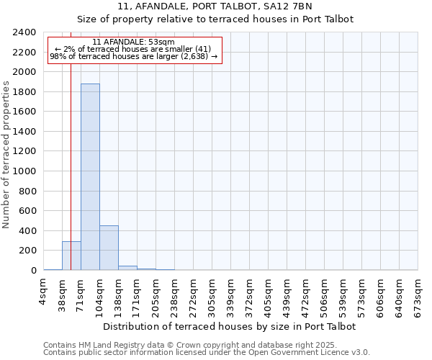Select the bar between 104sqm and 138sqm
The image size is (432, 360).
[x=109, y=248]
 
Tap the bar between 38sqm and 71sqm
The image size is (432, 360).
[x=71, y=256]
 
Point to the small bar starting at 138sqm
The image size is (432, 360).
[x=127, y=268]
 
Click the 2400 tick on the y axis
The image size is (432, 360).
[x=24, y=32]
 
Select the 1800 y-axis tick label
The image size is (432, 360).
[x=24, y=92]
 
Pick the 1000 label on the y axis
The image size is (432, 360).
[x=24, y=171]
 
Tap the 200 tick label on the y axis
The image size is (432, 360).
[x=27, y=251]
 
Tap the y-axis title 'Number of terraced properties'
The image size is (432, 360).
[x=6, y=154]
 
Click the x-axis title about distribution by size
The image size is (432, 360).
[x=230, y=326]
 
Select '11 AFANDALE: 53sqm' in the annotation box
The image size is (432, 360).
[x=134, y=42]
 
